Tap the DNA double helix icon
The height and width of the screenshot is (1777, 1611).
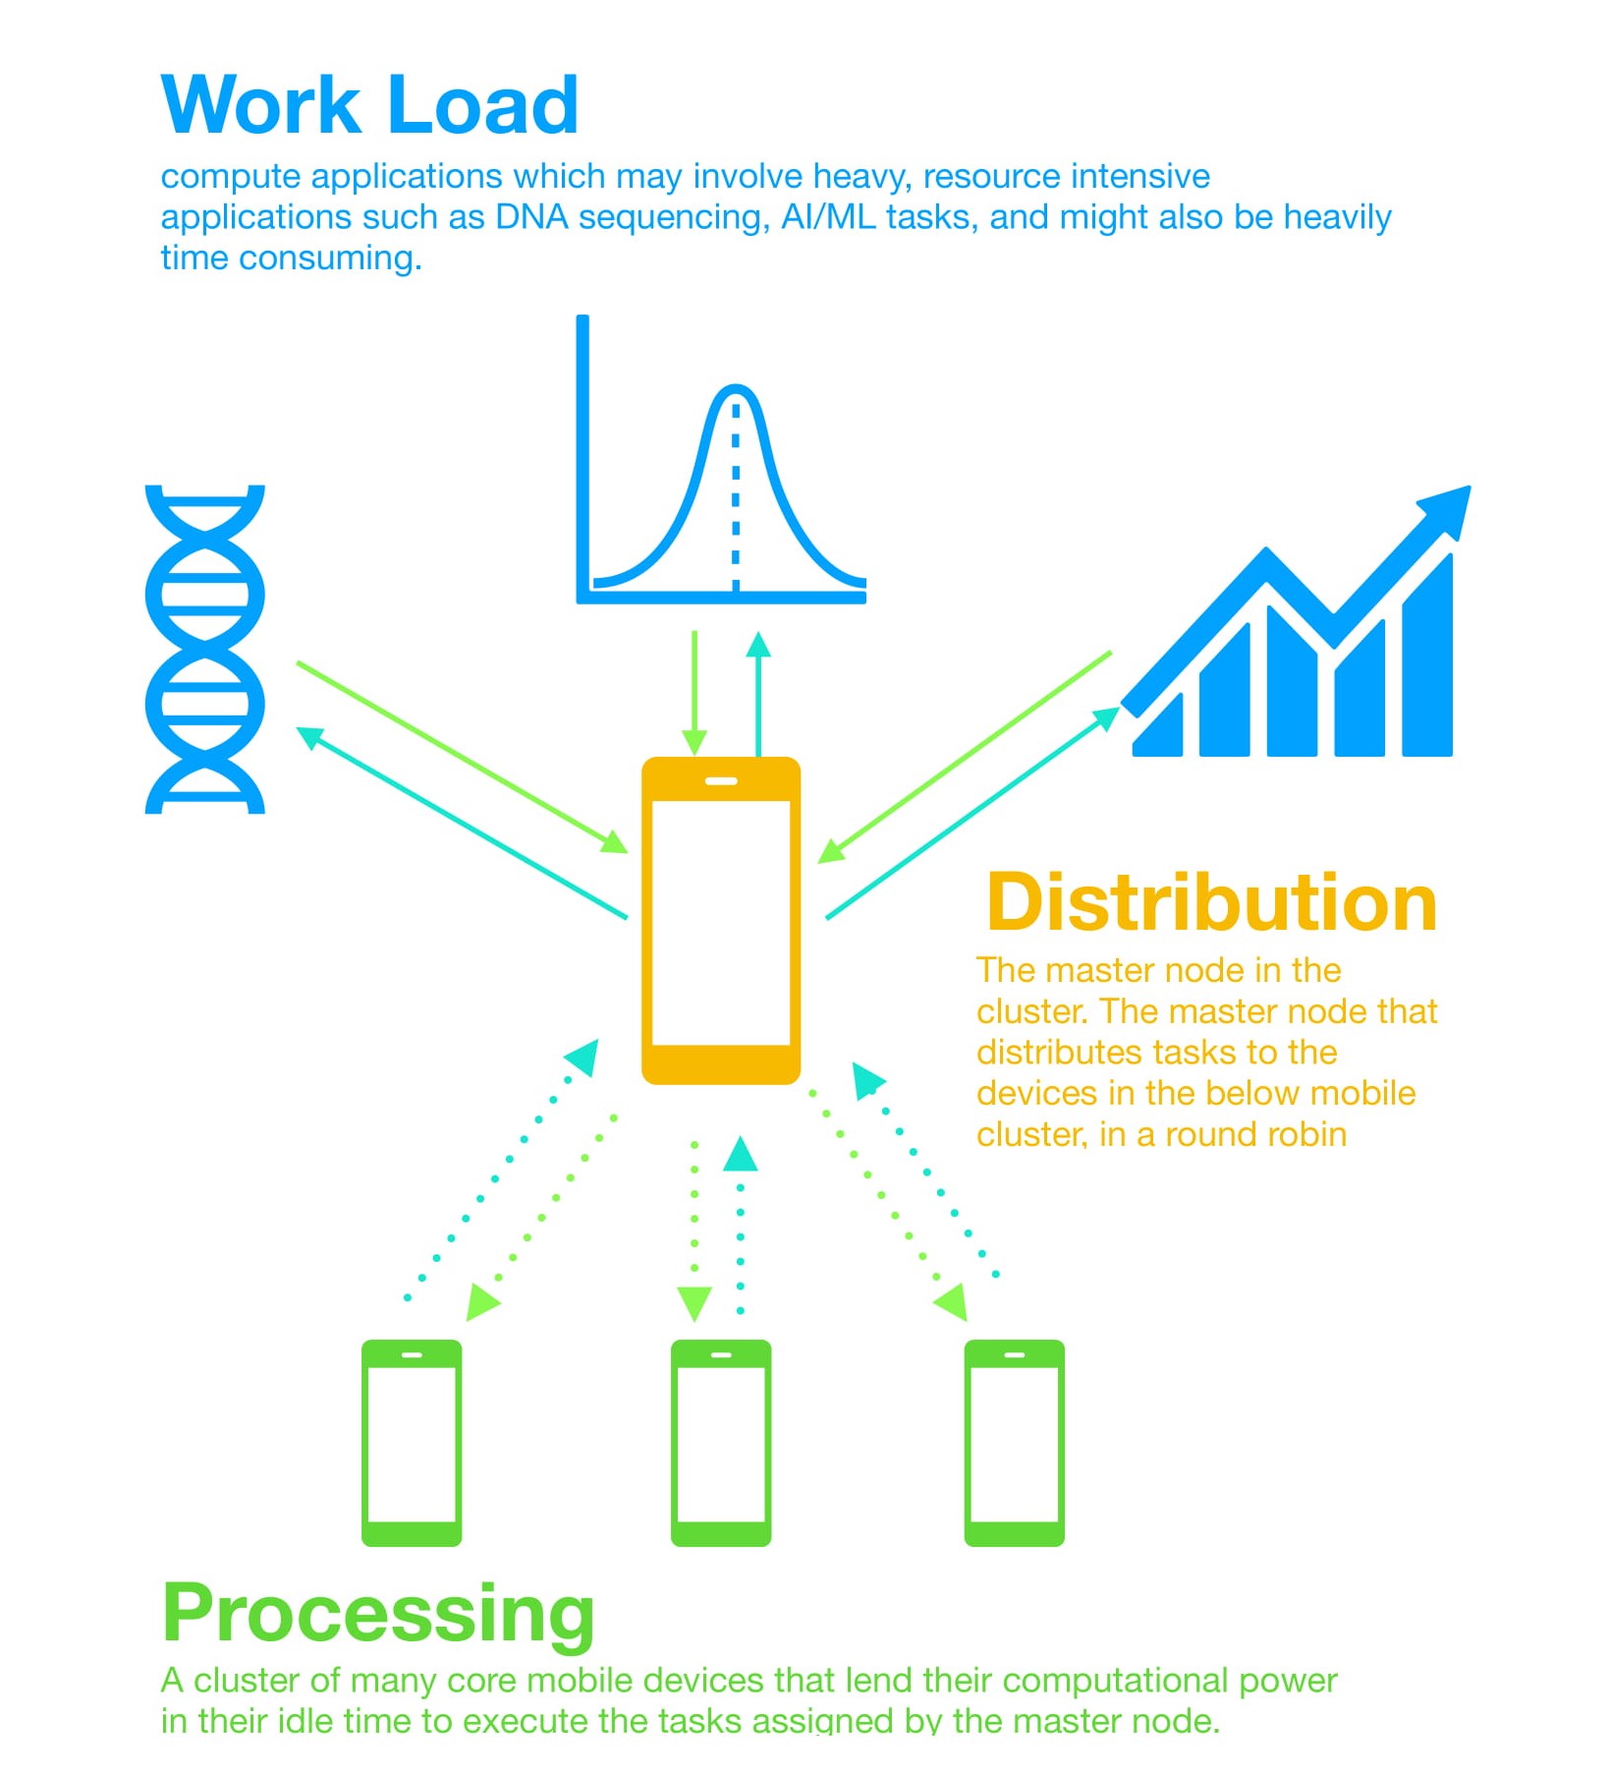[205, 650]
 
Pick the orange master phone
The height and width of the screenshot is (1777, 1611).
[721, 921]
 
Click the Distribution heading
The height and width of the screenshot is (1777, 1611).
[1211, 902]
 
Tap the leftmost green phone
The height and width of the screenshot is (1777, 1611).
[412, 1442]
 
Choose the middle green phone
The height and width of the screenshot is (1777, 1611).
[721, 1442]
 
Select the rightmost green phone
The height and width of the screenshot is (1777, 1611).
[1014, 1442]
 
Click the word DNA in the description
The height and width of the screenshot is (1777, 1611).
[531, 217]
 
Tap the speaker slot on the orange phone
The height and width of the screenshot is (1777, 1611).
[721, 781]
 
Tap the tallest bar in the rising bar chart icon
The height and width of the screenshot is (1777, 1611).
[1426, 659]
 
